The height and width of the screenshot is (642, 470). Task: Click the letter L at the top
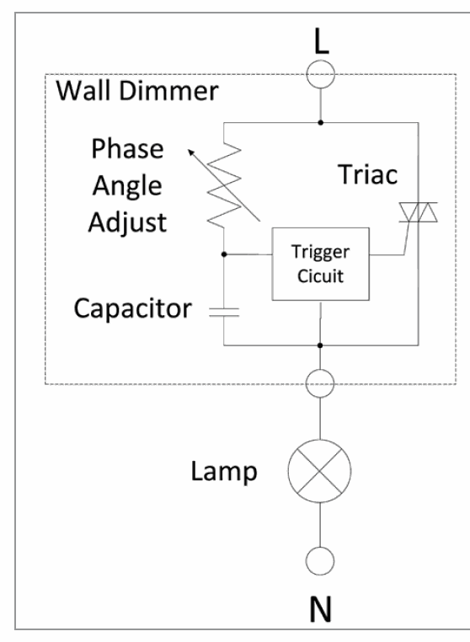[x=320, y=40]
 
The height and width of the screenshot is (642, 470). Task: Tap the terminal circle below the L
[x=320, y=76]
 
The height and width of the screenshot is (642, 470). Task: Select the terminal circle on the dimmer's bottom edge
[x=320, y=384]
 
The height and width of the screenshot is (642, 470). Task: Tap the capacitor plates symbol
[x=223, y=311]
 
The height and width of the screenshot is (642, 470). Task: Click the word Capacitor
[x=131, y=308]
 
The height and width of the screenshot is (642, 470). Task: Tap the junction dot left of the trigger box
[x=223, y=253]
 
